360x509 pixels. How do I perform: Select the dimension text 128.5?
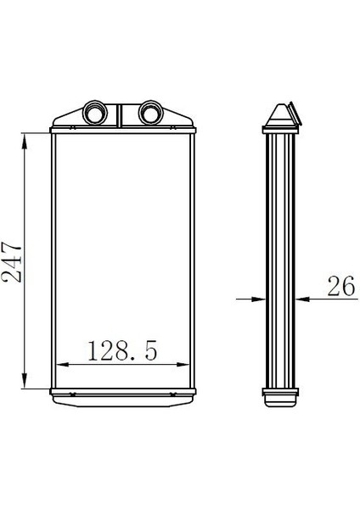point(121,350)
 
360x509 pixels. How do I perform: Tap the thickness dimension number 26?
point(340,287)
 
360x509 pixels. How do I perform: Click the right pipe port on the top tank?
point(150,110)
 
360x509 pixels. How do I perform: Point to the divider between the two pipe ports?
point(121,113)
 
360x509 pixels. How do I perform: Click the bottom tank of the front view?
point(121,392)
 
